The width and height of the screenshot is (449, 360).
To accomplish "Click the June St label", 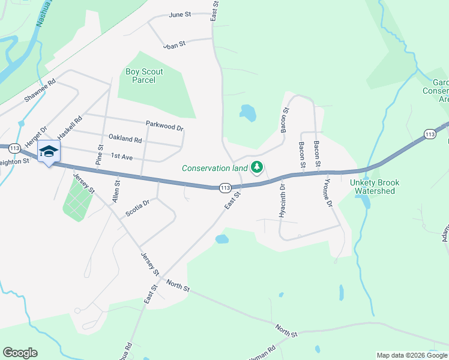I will tap(179, 14).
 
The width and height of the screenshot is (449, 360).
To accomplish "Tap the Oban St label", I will tap(175, 44).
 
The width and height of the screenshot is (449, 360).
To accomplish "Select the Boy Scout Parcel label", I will tap(144, 76).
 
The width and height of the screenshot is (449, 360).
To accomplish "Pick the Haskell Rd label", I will tap(69, 128).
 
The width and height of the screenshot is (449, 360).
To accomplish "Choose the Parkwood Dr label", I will tap(164, 125).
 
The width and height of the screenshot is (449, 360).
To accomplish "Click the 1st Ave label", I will tap(122, 156).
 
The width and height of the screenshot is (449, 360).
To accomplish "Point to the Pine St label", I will tap(100, 155).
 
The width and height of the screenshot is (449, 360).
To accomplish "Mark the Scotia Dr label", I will tap(137, 207).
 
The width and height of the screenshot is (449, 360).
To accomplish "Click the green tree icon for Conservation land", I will tap(258, 167).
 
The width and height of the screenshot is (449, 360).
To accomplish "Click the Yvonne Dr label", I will tap(328, 193).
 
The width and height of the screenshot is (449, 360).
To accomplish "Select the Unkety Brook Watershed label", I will tap(375, 187).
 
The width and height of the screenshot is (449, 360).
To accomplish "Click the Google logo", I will tap(20, 353).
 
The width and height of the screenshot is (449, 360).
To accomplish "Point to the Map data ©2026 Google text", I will tap(412, 355).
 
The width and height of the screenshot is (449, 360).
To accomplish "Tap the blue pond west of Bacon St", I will tap(247, 112).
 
